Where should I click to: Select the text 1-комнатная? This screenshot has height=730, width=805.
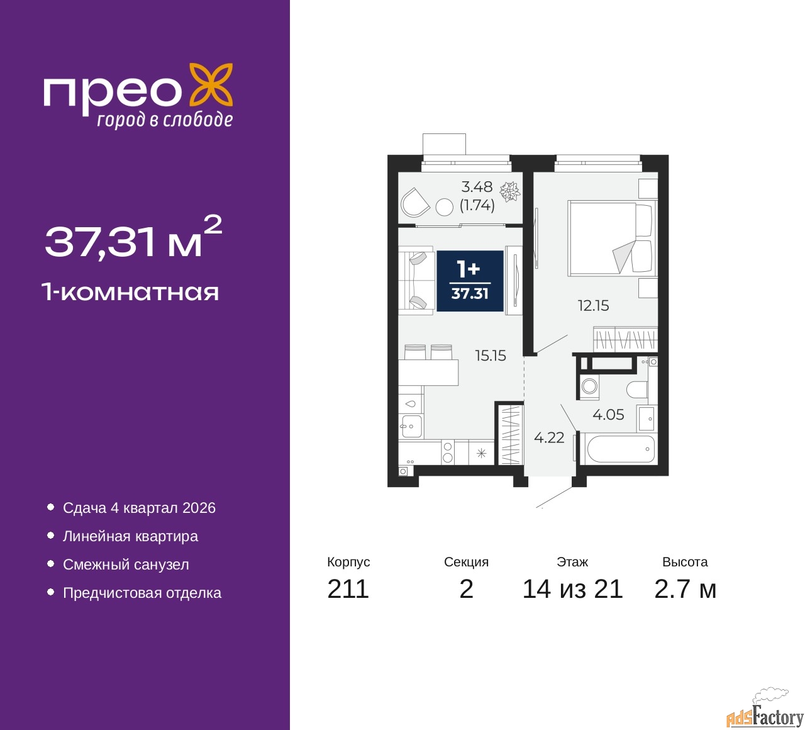(x=130, y=292)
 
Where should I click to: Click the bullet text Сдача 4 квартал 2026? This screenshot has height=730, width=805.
(x=139, y=508)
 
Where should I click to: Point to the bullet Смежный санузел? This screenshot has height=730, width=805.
(x=126, y=564)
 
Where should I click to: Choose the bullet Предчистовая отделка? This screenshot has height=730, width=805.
(x=142, y=593)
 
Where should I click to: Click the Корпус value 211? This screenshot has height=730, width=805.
(x=348, y=589)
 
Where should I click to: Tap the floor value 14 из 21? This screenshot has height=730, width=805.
(x=572, y=589)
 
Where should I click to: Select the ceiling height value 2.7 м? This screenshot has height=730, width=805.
(x=685, y=589)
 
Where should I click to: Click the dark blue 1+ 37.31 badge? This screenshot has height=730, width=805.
(x=470, y=281)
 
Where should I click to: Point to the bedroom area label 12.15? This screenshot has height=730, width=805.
(x=593, y=306)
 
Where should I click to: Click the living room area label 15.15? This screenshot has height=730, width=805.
(x=491, y=356)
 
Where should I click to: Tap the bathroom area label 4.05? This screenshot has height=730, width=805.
(x=608, y=415)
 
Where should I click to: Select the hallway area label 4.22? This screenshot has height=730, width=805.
(x=549, y=437)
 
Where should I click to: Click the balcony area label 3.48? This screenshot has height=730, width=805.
(x=477, y=187)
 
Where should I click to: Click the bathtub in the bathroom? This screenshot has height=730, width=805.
(x=620, y=449)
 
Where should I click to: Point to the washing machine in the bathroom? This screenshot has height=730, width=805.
(x=589, y=385)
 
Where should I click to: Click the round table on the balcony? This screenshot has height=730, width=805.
(x=445, y=207)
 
